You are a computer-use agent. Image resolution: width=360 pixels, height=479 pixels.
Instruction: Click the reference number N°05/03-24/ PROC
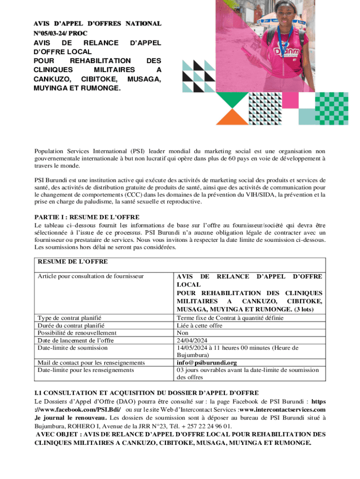tap(60, 33)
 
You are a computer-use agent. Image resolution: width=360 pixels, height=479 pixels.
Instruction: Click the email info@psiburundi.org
tap(207, 363)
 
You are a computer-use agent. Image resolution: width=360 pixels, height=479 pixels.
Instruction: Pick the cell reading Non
tap(183, 333)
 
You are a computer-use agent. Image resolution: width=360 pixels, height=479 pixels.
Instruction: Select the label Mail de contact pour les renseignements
tap(91, 363)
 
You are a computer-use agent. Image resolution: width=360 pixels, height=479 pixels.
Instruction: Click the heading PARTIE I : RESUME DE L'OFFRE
tap(87, 218)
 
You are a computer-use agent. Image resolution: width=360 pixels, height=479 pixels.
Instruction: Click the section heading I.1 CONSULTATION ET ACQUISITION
tap(146, 392)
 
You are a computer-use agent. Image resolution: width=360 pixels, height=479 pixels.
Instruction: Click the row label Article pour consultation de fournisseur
tap(90, 276)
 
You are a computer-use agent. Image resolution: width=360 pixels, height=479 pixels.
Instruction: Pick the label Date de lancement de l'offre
tap(76, 340)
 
